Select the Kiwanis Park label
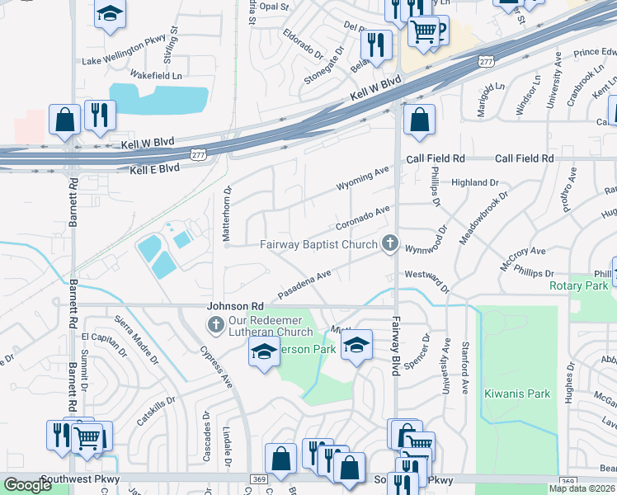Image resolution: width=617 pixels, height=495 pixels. pos(517,394)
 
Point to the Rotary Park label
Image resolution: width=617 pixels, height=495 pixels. pos(577,286)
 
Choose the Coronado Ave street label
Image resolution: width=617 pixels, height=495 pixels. pos(362,218)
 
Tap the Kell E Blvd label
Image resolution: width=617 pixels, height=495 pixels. pos(154,168)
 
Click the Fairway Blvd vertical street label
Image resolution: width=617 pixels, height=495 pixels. pos(396,347)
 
